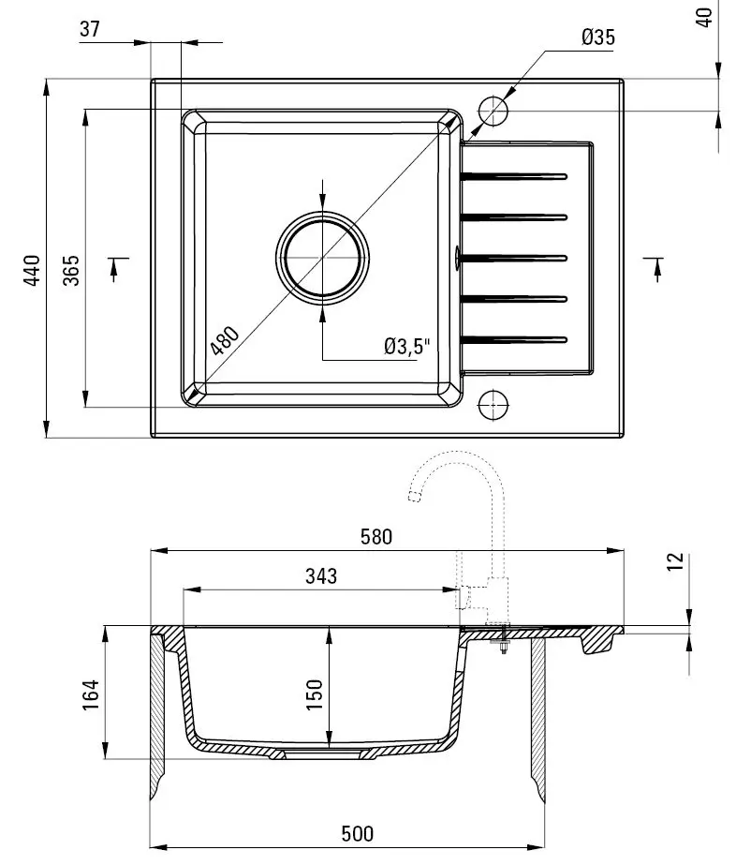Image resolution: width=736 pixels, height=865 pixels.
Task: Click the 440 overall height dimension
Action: pos(32,270)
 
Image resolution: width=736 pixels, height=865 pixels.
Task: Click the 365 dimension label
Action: pos(71,270)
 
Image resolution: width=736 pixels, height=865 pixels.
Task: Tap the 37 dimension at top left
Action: pos(90,29)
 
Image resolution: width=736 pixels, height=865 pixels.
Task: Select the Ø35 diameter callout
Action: pos(597,37)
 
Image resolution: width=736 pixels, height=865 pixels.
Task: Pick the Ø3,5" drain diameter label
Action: pos(405,347)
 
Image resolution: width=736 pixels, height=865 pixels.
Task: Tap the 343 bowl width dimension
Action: pos(320,576)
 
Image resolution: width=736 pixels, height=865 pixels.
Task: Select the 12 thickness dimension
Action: pos(677,562)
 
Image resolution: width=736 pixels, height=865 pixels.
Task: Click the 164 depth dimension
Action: pos(91,694)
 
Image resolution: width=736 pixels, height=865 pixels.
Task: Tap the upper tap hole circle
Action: pos(493,112)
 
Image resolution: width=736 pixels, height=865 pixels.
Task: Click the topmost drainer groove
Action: pos(515,175)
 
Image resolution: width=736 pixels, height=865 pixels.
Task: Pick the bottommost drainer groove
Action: pos(515,339)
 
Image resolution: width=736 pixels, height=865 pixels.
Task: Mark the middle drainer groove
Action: pos(515,257)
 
